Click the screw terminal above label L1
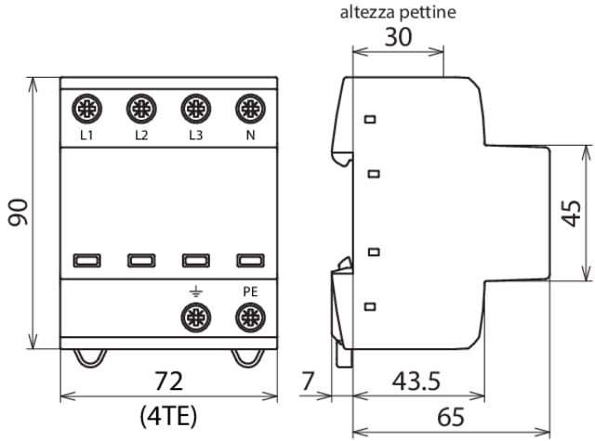point(87,110)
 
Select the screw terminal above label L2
point(141,110)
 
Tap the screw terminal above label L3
point(195,110)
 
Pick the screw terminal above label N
point(249,110)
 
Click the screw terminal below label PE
point(249,319)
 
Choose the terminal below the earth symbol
point(195,319)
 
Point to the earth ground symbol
point(195,292)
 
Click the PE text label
point(249,292)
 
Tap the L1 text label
point(87,136)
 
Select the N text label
point(249,136)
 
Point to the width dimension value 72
point(168,382)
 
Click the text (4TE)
point(168,414)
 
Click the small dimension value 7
point(310,382)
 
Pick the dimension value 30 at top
point(399,40)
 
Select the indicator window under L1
point(87,261)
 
